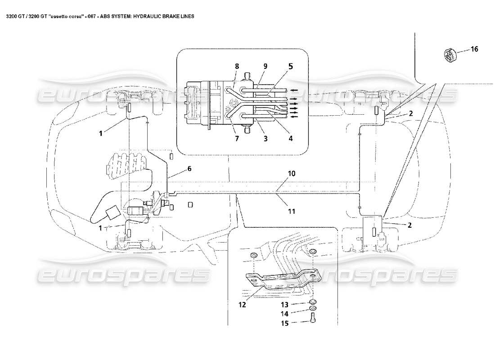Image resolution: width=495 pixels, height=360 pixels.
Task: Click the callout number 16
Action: pyautogui.click(x=474, y=49)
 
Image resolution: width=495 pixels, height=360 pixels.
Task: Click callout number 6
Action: pyautogui.click(x=189, y=168)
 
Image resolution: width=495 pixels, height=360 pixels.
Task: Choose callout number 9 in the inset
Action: pyautogui.click(x=265, y=66)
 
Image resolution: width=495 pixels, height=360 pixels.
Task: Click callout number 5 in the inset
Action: pyautogui.click(x=290, y=66)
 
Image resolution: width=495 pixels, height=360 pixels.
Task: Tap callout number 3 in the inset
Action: pyautogui.click(x=265, y=139)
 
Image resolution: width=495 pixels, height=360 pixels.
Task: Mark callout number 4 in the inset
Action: pyautogui.click(x=290, y=139)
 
